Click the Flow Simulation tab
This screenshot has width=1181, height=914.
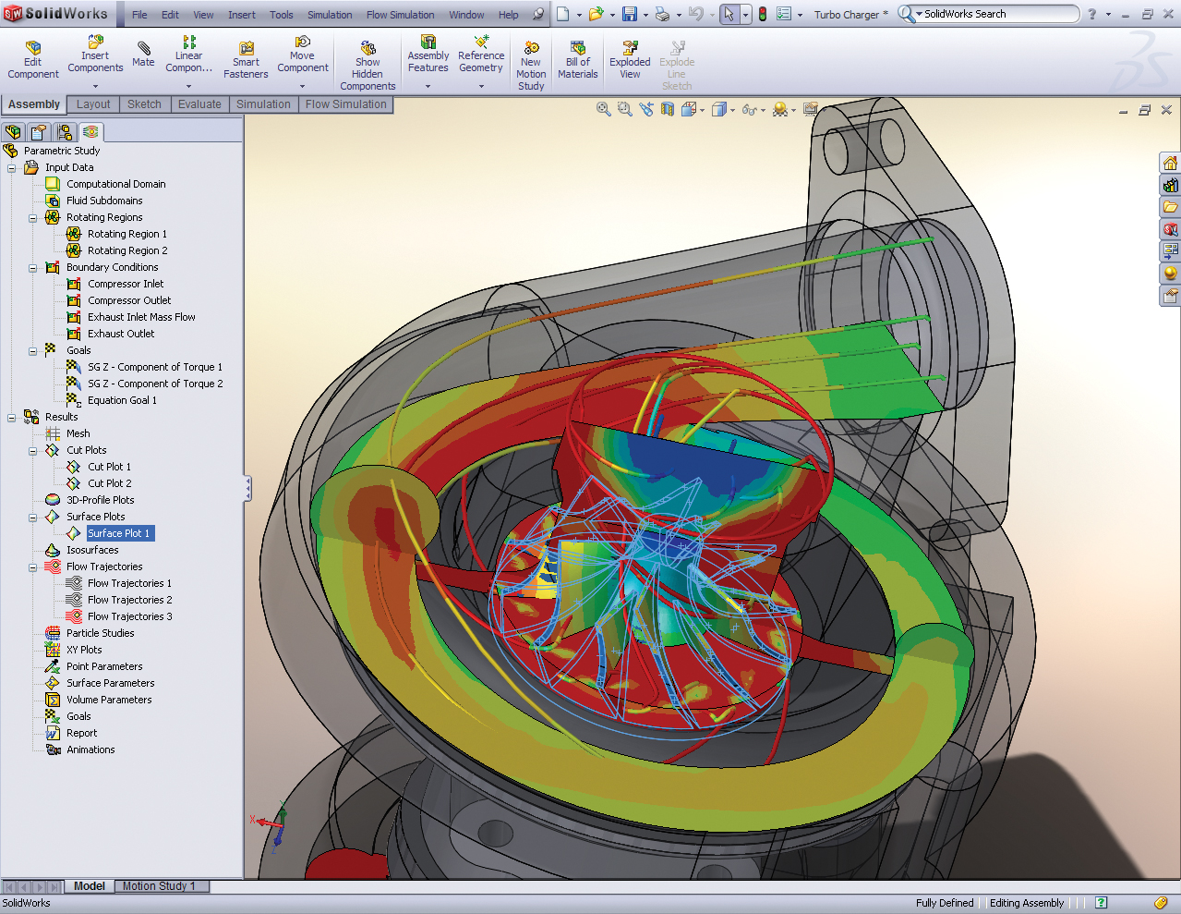pyautogui.click(x=345, y=104)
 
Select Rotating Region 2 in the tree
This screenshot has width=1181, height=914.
pyautogui.click(x=127, y=250)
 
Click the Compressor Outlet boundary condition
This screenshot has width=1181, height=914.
pyautogui.click(x=129, y=300)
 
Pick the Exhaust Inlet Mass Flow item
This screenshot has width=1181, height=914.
pyautogui.click(x=141, y=317)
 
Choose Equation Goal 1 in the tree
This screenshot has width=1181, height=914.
pyautogui.click(x=122, y=400)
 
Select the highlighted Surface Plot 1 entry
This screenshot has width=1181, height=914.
pyautogui.click(x=118, y=533)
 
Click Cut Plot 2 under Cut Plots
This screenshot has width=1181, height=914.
pyautogui.click(x=109, y=483)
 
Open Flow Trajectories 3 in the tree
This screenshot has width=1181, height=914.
pyautogui.click(x=129, y=616)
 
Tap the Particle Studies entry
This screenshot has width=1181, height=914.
pyautogui.click(x=100, y=633)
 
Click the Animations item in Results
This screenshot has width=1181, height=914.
pyautogui.click(x=90, y=749)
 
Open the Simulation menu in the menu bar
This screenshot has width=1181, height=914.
pyautogui.click(x=330, y=15)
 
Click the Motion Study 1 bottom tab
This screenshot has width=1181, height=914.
pyautogui.click(x=159, y=886)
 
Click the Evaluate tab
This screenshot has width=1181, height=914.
pyautogui.click(x=199, y=104)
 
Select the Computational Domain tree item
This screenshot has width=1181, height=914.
pyautogui.click(x=115, y=184)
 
